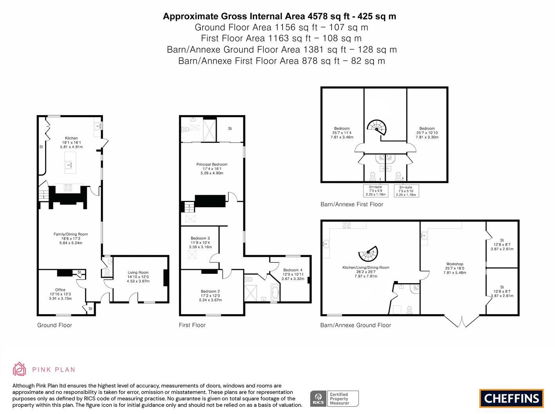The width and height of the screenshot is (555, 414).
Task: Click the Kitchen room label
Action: click(71, 138)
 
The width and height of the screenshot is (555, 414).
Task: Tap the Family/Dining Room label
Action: click(71, 234)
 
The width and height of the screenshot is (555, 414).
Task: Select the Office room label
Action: click(60, 290)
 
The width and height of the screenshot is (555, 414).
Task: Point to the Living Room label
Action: click(138, 272)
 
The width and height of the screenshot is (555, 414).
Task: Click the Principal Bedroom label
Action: click(212, 164)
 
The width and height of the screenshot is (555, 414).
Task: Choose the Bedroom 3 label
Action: click(200, 238)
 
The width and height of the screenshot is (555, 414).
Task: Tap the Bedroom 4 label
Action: click(293, 270)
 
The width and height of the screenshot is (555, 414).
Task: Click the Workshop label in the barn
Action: click(455, 264)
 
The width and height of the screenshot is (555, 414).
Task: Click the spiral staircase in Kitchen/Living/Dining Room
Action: click(368, 253)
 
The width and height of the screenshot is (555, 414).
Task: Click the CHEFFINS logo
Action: click(511, 398)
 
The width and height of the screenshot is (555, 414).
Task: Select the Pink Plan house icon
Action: click(20, 369)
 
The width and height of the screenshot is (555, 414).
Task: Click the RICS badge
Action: click(334, 399)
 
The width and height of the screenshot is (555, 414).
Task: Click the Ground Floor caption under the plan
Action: click(54, 325)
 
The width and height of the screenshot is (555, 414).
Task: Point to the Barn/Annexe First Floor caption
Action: click(352, 204)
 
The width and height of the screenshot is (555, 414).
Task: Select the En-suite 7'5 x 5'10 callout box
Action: click(406, 191)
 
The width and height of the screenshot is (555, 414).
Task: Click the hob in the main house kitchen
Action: click(68, 188)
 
